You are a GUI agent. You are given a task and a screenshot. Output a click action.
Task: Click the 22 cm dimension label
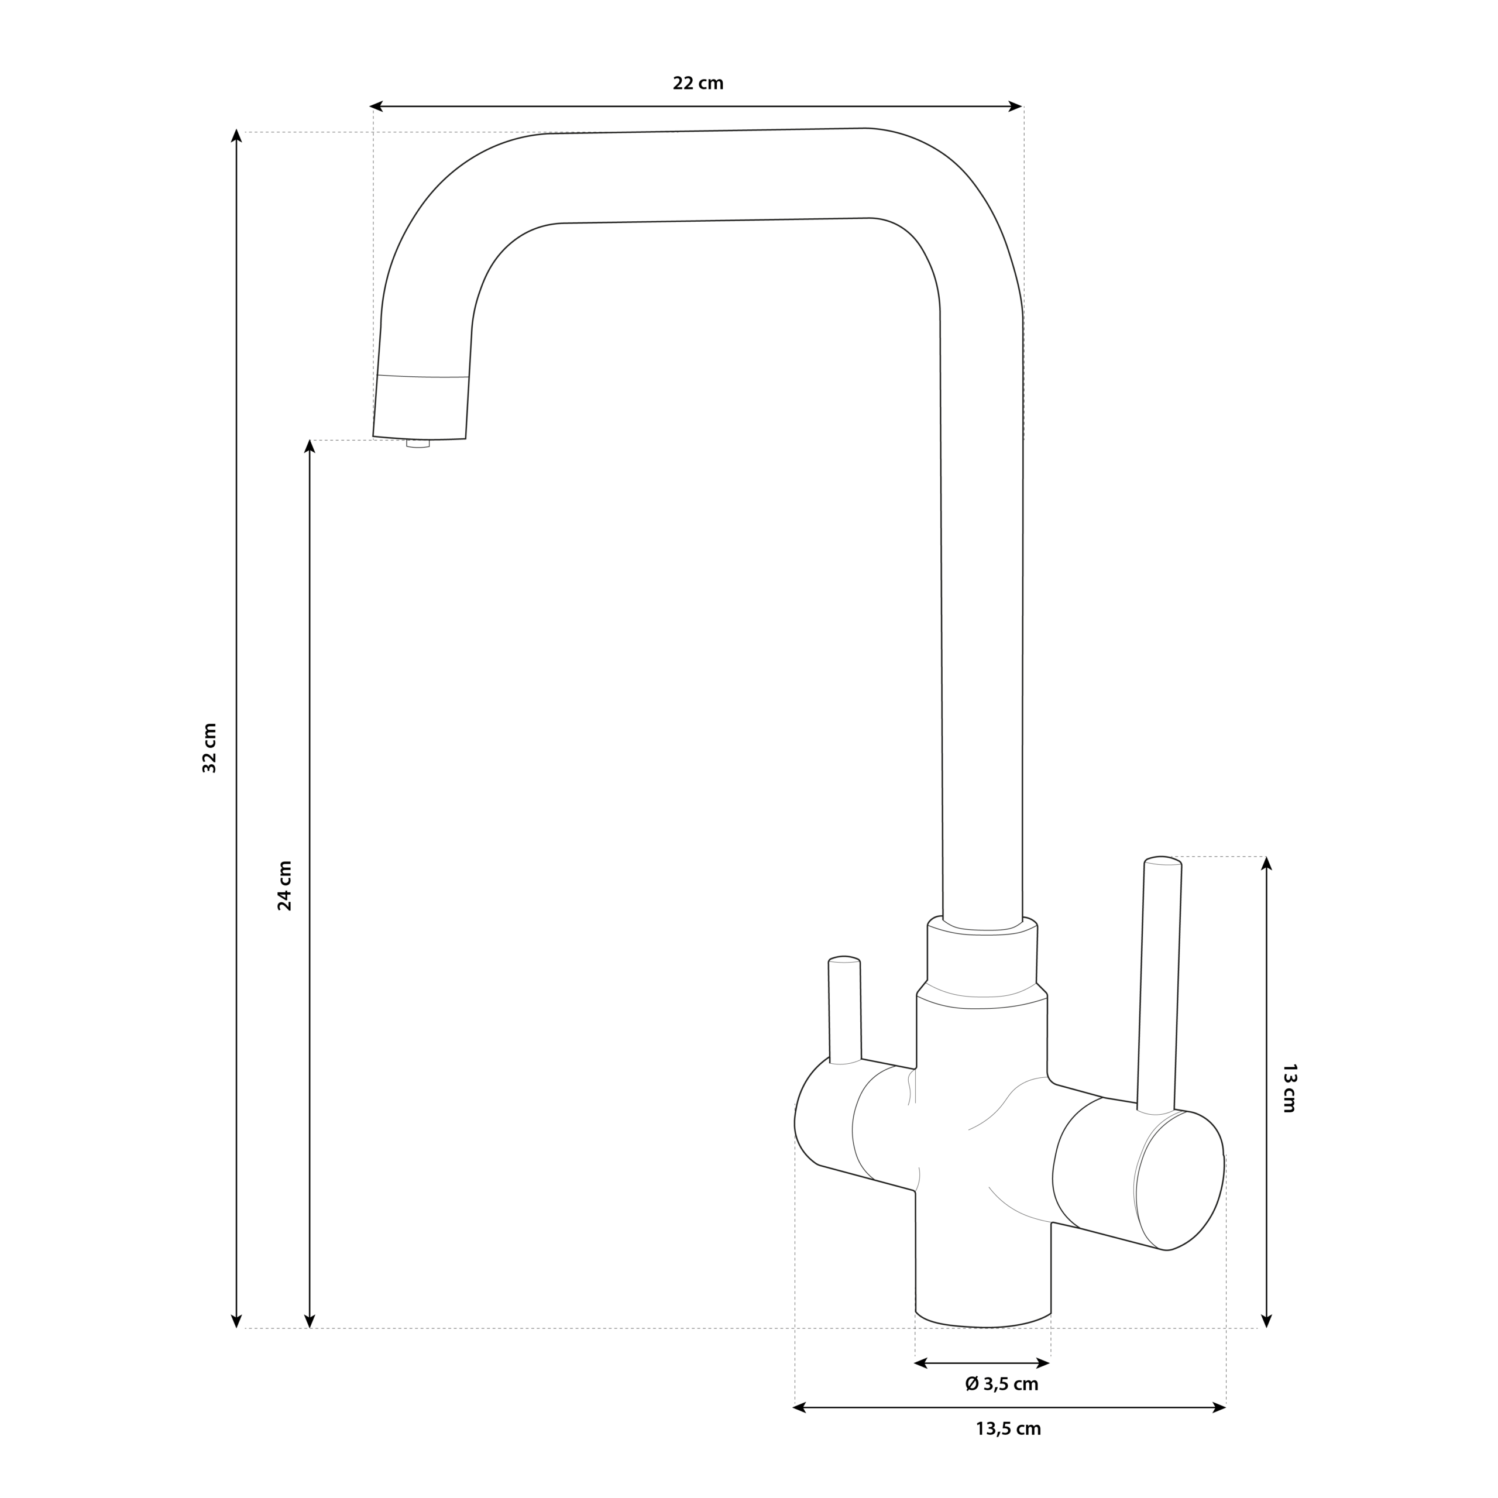pyautogui.click(x=698, y=83)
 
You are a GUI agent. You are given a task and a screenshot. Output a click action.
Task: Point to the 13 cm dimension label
pyautogui.click(x=1289, y=1088)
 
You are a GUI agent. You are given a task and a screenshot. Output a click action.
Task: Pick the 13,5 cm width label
pyautogui.click(x=1008, y=1450)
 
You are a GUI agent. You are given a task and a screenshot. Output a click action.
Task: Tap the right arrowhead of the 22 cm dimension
pyautogui.click(x=1016, y=106)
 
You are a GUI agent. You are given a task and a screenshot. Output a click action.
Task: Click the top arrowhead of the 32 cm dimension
pyautogui.click(x=237, y=136)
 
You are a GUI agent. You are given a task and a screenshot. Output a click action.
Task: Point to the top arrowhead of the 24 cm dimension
pyautogui.click(x=310, y=446)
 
